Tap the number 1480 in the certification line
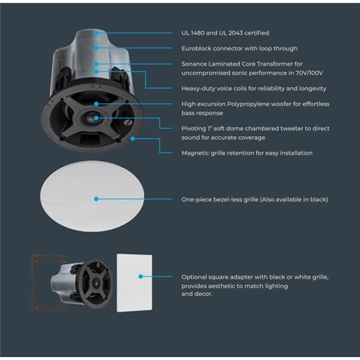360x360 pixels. point(197,33)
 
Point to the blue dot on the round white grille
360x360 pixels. point(96,199)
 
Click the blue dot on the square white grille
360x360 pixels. point(141,276)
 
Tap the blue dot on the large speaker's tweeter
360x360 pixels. point(96,118)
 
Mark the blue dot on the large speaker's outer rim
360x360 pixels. point(132,139)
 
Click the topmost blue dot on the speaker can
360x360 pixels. point(96,33)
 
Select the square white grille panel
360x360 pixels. point(135,283)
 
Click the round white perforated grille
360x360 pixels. point(92,197)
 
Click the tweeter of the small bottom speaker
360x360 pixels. point(96,282)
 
